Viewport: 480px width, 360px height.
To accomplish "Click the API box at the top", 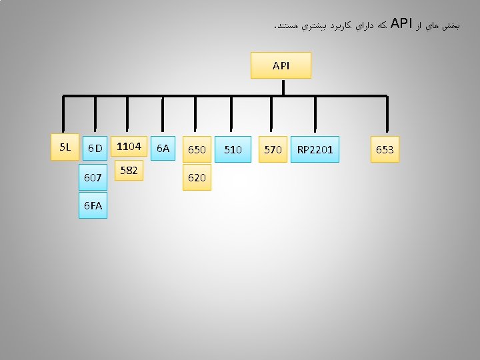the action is tap(281, 65).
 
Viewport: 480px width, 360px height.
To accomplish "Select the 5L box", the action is tap(65, 147).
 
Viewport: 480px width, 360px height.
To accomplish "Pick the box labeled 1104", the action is tap(128, 146).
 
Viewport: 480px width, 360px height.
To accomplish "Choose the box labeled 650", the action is tap(197, 150).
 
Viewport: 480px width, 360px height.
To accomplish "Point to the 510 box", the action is tap(233, 150).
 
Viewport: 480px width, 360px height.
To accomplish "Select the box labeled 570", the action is tap(273, 150).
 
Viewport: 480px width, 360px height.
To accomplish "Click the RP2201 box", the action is tap(315, 150).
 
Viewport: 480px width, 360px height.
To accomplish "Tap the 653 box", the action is tap(385, 150).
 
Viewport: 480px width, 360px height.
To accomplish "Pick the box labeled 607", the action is tap(93, 178).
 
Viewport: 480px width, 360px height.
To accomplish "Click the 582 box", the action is tap(129, 171).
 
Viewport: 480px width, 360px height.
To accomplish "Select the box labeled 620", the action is tap(197, 178).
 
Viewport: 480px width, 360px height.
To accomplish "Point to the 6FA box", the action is tap(93, 206).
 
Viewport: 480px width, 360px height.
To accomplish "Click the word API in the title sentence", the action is tap(401, 25).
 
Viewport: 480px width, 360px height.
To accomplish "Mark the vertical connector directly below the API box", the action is tap(283, 87).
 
